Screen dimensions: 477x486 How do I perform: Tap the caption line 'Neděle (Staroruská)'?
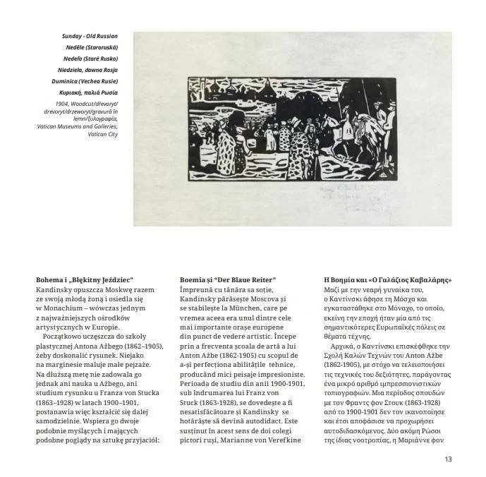pyautogui.click(x=92, y=47)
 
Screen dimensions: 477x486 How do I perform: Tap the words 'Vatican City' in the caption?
pyautogui.click(x=104, y=134)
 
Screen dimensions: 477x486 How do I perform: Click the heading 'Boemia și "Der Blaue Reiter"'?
pyautogui.click(x=228, y=280)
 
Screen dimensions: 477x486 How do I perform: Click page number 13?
pyautogui.click(x=447, y=459)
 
